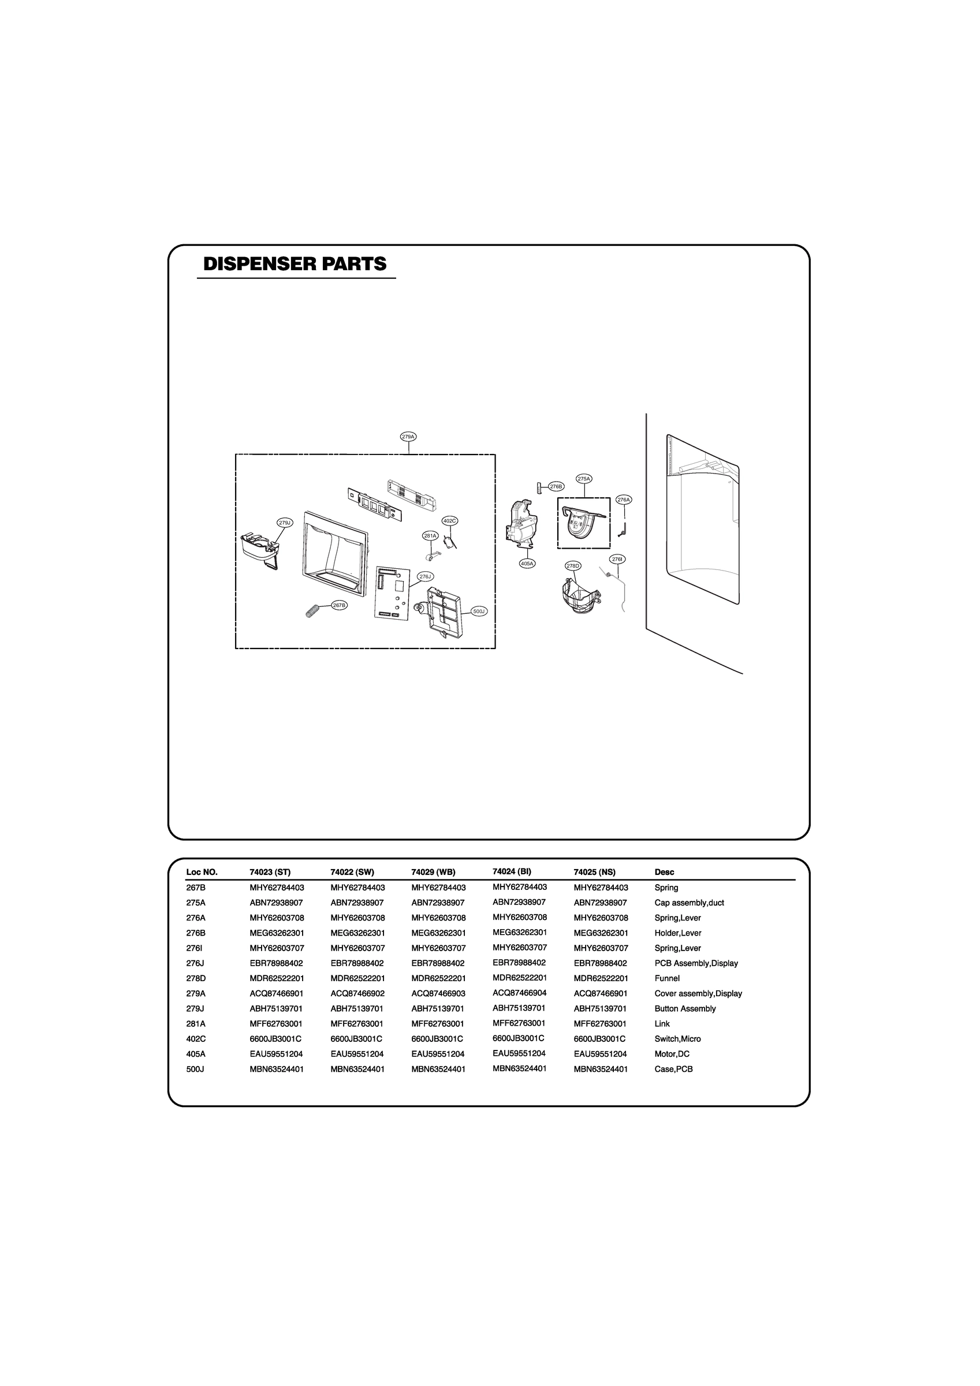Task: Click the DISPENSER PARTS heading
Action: coord(295,264)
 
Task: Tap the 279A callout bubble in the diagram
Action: coord(409,437)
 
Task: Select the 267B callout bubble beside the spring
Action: coord(340,605)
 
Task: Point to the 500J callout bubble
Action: coord(479,612)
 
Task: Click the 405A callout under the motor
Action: coord(527,563)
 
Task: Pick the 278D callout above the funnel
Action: coord(573,565)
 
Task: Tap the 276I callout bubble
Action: coord(617,559)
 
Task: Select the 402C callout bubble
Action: coord(449,520)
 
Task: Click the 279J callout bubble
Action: coord(284,523)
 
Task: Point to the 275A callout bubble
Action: coord(584,479)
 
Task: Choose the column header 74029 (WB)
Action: coord(433,871)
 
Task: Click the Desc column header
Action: coord(664,871)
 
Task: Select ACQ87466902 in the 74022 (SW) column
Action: coord(357,993)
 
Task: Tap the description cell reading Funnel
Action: coord(666,978)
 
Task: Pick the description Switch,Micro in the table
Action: coord(677,1038)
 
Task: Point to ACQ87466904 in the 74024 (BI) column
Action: coord(519,992)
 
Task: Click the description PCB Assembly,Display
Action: coord(696,963)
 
